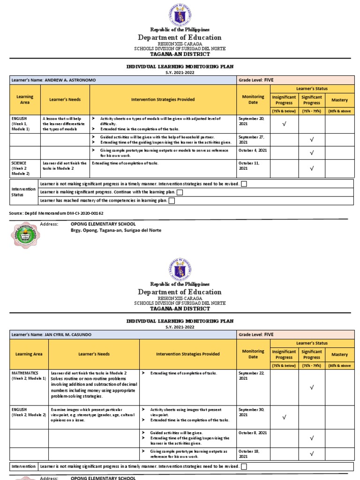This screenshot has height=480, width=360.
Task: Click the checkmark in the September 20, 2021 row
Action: tap(284, 124)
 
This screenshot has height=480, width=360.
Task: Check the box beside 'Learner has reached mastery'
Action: tap(172, 201)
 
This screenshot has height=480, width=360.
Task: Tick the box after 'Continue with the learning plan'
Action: tap(180, 192)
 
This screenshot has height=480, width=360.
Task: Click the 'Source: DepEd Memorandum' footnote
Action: tap(56, 213)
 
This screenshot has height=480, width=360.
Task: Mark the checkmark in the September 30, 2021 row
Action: tap(284, 417)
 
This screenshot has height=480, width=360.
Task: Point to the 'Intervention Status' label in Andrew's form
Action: tap(23, 192)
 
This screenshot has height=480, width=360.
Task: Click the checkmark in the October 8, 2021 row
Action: tap(312, 438)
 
